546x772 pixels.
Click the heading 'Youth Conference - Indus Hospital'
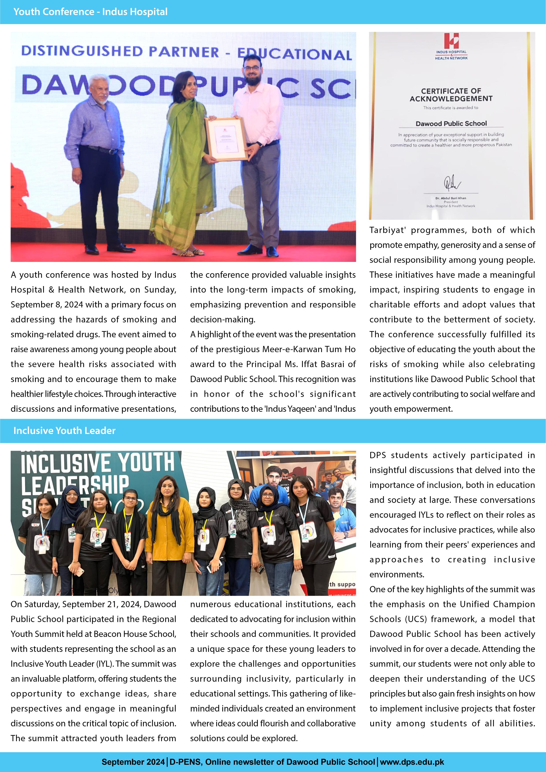[90, 12]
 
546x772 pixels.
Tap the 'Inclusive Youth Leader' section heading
[64, 430]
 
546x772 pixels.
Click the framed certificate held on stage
[226, 139]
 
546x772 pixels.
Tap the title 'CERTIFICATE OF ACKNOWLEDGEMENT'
[451, 95]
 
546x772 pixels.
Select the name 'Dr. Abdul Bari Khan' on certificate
[451, 198]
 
